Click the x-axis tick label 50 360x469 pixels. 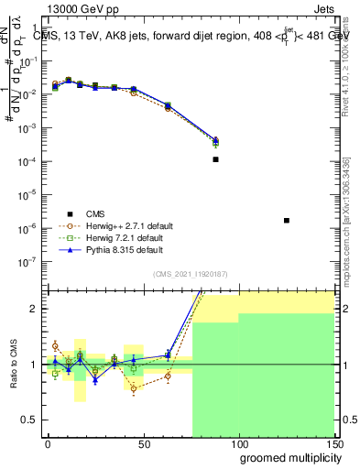pos(143,444)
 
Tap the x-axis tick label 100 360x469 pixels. pos(238,444)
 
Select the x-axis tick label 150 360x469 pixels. pos(333,444)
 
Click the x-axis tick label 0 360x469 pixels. pos(48,444)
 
